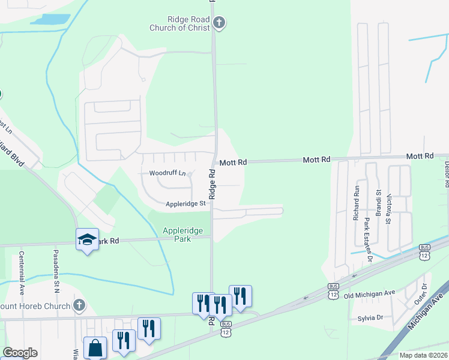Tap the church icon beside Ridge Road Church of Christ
(x=219, y=23)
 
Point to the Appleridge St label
(x=186, y=203)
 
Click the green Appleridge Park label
(x=182, y=235)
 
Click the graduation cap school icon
(x=88, y=239)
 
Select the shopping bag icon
(x=95, y=347)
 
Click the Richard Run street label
(x=356, y=205)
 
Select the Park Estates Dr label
(x=367, y=237)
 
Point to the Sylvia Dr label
(x=370, y=318)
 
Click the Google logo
(x=20, y=353)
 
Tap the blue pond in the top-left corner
(x=50, y=19)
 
